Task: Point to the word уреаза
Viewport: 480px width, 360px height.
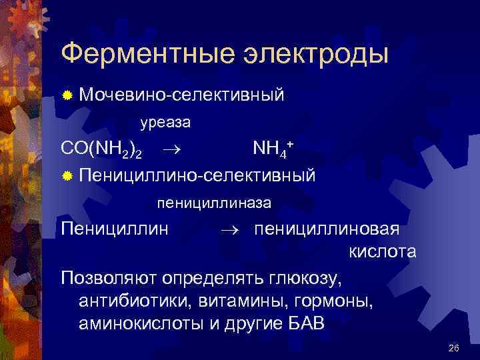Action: point(165,123)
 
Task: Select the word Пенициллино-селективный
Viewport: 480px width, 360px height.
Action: point(197,176)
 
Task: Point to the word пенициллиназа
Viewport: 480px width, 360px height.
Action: point(214,201)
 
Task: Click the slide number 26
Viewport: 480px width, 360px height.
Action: point(455,348)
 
